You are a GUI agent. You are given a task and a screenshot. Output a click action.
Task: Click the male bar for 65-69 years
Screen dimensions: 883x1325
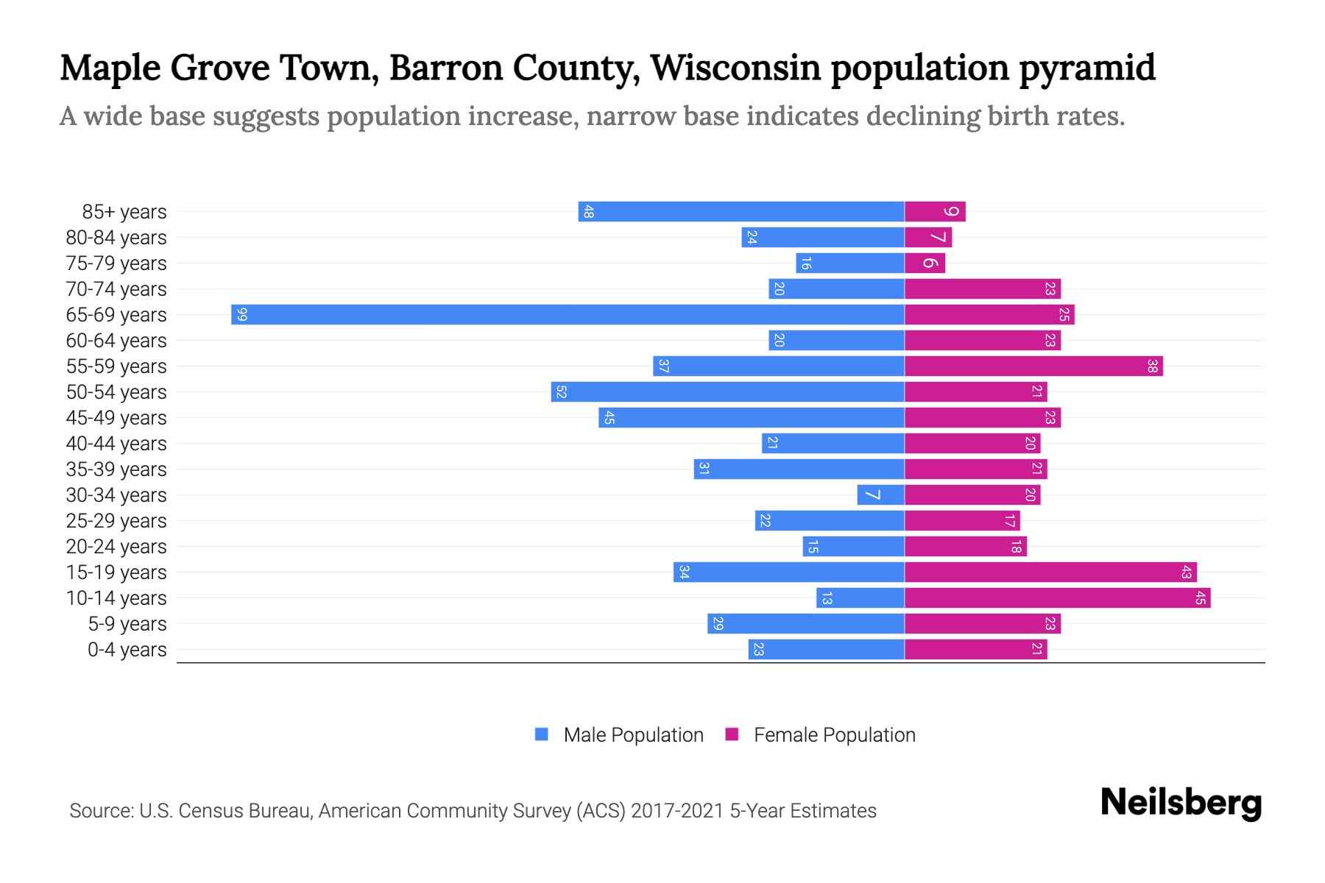point(567,315)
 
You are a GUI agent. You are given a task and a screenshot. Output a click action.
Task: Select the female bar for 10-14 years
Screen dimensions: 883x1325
point(1057,598)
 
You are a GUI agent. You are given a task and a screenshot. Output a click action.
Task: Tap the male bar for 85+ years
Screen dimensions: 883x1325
point(741,212)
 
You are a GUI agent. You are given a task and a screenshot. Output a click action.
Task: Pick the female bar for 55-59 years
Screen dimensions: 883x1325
point(1033,366)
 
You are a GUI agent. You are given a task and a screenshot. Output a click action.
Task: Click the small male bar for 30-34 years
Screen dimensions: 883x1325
point(880,495)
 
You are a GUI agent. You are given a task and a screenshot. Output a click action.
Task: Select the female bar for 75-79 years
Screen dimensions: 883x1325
point(925,263)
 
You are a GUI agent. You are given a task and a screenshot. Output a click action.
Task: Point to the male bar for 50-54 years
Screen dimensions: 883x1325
point(727,392)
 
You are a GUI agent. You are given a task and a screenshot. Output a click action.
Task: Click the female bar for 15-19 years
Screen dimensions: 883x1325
point(1050,572)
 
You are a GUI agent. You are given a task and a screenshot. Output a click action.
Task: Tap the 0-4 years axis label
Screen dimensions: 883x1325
point(127,650)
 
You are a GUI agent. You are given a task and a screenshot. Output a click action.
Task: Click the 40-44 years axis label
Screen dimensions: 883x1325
point(116,444)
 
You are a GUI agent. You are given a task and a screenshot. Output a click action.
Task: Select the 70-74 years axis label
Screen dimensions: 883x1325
point(116,289)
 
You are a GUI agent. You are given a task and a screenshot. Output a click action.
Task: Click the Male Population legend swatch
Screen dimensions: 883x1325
point(542,734)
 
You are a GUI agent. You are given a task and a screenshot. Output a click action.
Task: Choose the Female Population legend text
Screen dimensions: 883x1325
point(834,735)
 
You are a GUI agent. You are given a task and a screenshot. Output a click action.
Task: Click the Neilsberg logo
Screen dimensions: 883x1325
point(1181,803)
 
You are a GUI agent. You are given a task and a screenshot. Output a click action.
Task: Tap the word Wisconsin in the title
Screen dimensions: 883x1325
point(735,68)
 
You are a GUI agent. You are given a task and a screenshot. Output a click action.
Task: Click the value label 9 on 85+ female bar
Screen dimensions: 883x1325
point(951,212)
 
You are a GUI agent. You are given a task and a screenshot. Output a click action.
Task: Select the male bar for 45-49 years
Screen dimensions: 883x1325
point(751,418)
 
